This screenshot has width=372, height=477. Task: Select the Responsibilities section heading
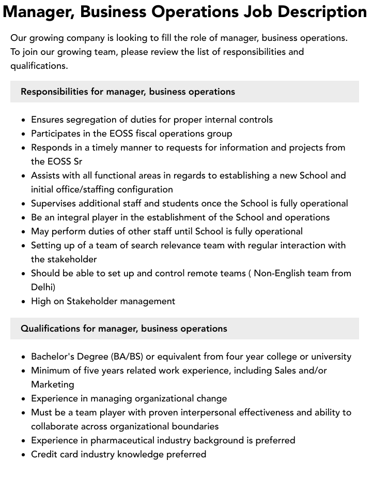click(128, 92)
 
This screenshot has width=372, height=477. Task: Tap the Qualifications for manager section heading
click(123, 329)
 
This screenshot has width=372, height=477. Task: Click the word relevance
click(193, 245)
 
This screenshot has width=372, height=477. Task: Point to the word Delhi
click(43, 287)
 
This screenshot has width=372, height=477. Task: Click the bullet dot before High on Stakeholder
click(23, 302)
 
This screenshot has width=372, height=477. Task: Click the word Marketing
click(52, 384)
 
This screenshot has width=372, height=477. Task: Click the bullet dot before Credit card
click(23, 455)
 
